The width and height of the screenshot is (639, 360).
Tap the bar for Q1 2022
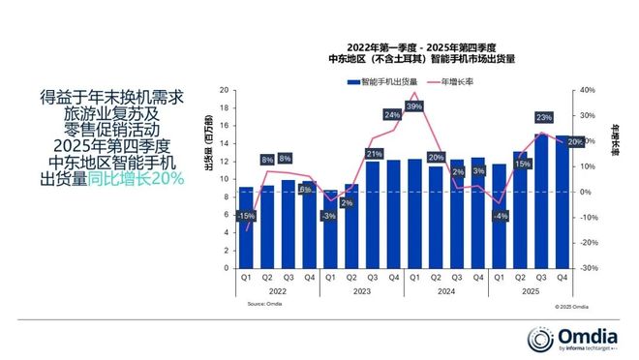(x=246, y=228)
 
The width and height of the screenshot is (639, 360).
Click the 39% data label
(x=414, y=106)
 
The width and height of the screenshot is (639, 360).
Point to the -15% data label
(x=246, y=216)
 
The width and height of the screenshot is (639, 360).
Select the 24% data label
(x=393, y=115)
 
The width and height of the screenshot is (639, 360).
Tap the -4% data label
(x=500, y=216)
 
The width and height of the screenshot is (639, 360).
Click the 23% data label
(x=543, y=117)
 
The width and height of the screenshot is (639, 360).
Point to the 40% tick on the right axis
(x=587, y=90)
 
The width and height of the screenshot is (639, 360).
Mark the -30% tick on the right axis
(x=587, y=268)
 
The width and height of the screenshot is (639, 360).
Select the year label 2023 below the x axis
(x=362, y=291)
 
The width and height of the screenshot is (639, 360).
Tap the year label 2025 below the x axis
(x=531, y=291)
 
